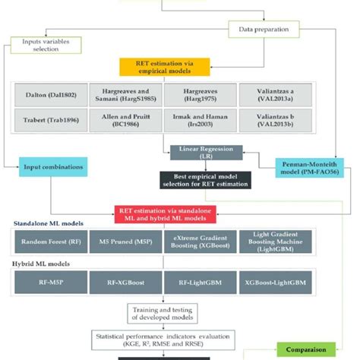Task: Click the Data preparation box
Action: (x=264, y=31)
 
